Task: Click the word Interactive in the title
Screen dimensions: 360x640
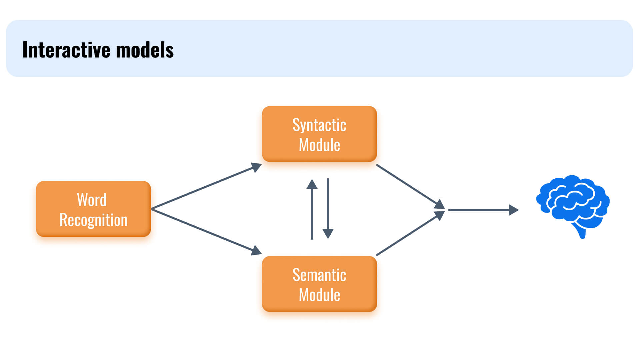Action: [x=66, y=50]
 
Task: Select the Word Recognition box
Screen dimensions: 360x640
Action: [x=93, y=209]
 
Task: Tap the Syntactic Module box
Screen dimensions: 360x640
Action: [x=319, y=134]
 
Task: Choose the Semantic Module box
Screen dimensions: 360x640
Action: [x=319, y=284]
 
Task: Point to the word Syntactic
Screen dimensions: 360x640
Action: [x=319, y=125]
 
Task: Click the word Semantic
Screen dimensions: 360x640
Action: [x=319, y=275]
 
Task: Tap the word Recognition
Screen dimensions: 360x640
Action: [x=93, y=220]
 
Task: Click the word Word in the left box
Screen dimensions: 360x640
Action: [x=92, y=200]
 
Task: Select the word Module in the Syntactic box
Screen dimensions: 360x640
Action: [x=319, y=145]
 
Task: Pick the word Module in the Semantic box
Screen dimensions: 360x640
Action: [x=319, y=295]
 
